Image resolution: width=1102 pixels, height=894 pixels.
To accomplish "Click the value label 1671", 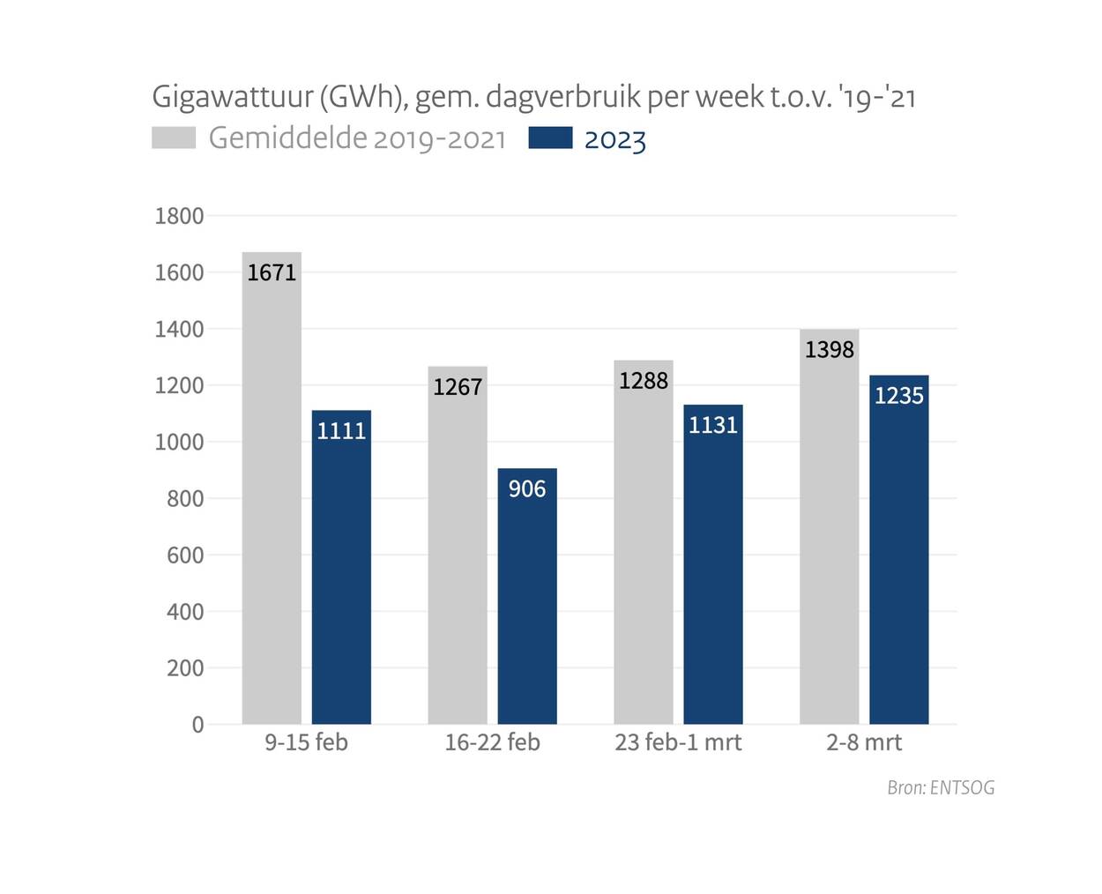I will coord(272,272).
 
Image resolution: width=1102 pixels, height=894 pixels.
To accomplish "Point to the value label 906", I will coord(527,488).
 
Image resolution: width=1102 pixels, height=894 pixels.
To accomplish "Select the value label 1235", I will coord(899,396).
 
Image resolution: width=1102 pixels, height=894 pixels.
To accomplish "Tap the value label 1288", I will coord(644,381).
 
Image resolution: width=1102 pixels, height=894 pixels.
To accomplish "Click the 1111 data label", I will coord(341,430).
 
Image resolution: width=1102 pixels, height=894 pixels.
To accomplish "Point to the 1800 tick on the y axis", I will coord(179,216).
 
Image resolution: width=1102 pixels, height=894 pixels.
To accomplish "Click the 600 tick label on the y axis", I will coord(185,555).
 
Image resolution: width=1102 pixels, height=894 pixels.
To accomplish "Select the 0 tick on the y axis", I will coord(197,725).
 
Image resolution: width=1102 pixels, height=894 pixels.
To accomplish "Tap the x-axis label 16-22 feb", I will coord(492,742).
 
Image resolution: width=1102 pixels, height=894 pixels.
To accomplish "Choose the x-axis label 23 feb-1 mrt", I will coord(678,742).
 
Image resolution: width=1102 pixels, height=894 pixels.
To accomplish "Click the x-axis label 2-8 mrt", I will coord(864,742).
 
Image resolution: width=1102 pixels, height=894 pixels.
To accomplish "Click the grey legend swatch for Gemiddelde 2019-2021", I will coord(174,138).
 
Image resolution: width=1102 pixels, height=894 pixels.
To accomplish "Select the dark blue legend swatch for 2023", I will coord(550,138).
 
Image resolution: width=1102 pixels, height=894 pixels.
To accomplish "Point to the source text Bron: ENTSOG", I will coord(941,787).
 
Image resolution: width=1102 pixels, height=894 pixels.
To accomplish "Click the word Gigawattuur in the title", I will coord(232,97).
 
